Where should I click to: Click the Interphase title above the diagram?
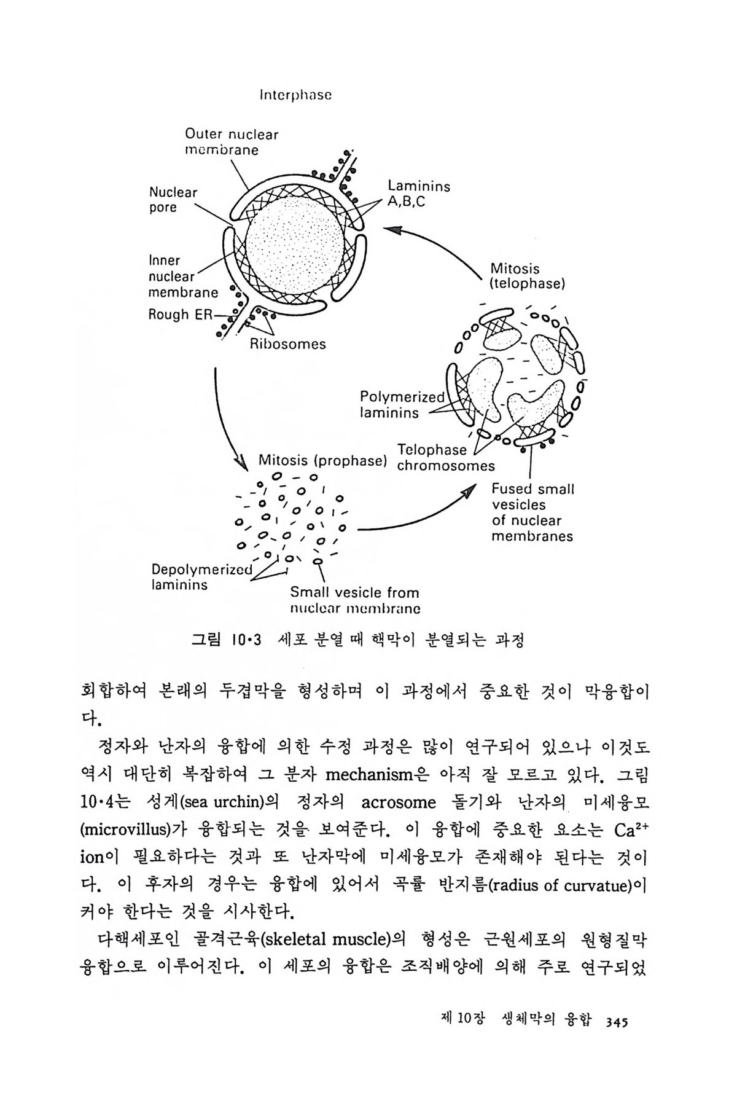[296, 96]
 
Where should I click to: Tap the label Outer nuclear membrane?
[232, 142]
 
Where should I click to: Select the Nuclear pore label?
[173, 200]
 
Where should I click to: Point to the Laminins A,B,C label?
[419, 194]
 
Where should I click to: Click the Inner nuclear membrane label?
[182, 276]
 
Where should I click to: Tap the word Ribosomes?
[287, 344]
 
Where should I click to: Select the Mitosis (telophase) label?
[528, 276]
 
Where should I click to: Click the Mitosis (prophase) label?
[322, 460]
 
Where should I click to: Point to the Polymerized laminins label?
[402, 405]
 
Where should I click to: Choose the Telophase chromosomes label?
[445, 458]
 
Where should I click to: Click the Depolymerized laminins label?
[201, 576]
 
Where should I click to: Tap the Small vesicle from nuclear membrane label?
[355, 601]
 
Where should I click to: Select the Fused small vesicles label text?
[532, 512]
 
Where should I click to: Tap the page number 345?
[615, 1022]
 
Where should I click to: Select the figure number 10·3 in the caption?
[247, 640]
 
